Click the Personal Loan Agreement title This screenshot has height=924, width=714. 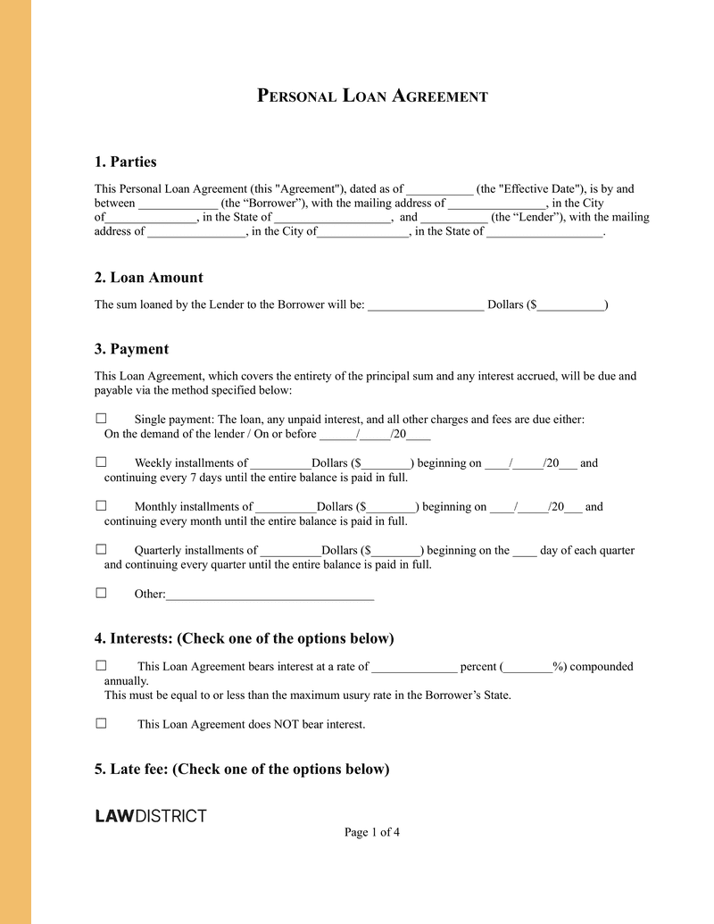tap(372, 96)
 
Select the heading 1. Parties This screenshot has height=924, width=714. tap(126, 162)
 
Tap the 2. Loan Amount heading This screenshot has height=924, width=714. tap(149, 277)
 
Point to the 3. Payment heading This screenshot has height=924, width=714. tap(132, 348)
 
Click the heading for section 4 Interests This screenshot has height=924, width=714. tap(244, 638)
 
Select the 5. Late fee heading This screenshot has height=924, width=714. tap(242, 769)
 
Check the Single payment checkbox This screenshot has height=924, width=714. tap(101, 419)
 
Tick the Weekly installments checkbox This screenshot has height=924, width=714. tap(101, 462)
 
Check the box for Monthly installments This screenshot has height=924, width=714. tap(101, 506)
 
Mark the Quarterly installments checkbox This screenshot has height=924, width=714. tap(101, 550)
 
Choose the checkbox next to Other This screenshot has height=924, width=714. tap(101, 593)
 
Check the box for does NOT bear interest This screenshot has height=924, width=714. tap(101, 724)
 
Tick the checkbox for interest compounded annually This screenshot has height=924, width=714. tap(101, 666)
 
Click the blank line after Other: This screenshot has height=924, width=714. tap(270, 595)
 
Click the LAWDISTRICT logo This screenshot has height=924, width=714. tap(151, 816)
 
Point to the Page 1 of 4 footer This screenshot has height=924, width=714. tap(372, 833)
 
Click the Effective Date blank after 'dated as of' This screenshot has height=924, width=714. tap(439, 190)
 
